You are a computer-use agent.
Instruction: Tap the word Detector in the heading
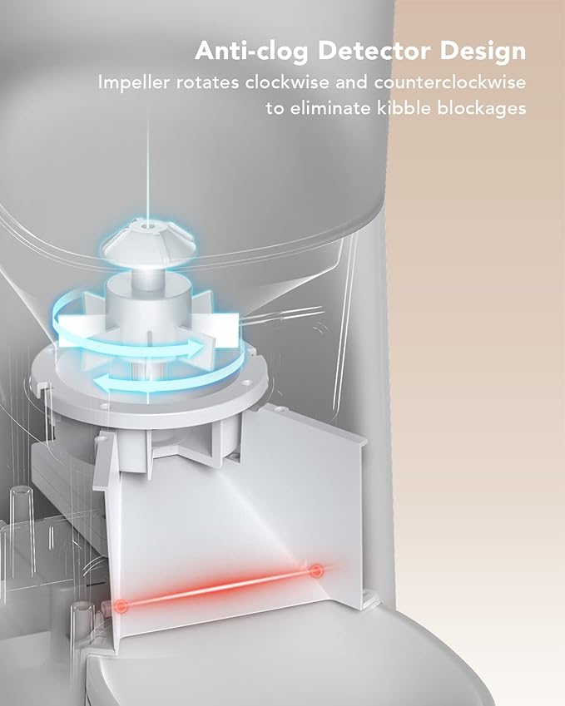372,52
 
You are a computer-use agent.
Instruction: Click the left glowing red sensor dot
122,605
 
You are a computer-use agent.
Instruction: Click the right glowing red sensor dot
316,570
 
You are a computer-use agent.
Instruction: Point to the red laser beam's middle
220,588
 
